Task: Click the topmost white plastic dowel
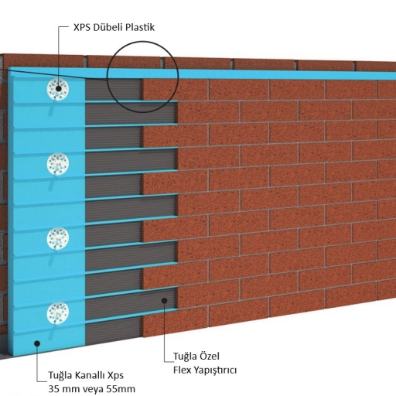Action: click(x=58, y=89)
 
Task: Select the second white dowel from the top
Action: click(x=58, y=164)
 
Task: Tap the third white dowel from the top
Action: click(x=58, y=239)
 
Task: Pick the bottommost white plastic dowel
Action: click(x=58, y=313)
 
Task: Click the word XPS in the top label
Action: click(x=82, y=27)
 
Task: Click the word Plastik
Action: click(x=140, y=27)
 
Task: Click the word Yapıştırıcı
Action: click(x=215, y=370)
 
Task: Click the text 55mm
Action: click(x=121, y=389)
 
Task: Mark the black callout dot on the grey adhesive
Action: click(x=164, y=300)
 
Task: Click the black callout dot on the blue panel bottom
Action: click(x=37, y=343)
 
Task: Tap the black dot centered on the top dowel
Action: click(x=59, y=88)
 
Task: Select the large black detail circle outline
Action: click(x=107, y=77)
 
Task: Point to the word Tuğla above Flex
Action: click(x=185, y=357)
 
